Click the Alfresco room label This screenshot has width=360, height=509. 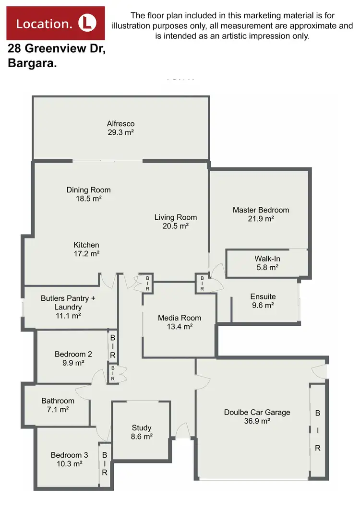click(x=120, y=124)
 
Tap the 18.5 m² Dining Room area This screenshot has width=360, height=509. click(x=88, y=198)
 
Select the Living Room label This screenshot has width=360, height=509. click(x=176, y=217)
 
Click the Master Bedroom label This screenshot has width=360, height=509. click(x=261, y=210)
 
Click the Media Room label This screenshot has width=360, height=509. click(x=180, y=318)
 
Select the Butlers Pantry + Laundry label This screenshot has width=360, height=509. click(x=68, y=303)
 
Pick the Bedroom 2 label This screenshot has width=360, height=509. click(x=73, y=354)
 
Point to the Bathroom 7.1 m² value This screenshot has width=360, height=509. click(x=58, y=410)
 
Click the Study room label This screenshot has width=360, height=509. click(x=142, y=427)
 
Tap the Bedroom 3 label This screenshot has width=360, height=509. click(x=69, y=455)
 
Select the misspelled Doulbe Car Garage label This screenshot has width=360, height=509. click(x=257, y=412)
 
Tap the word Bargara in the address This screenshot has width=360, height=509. click(x=32, y=63)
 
